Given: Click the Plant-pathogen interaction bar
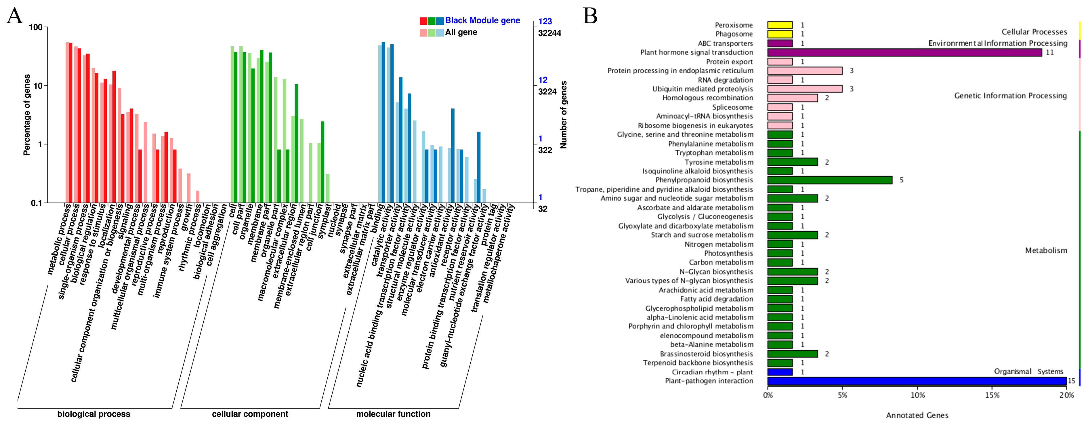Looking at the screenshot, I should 917,381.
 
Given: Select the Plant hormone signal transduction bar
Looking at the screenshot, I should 904,52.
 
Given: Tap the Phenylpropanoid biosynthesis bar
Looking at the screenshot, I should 830,180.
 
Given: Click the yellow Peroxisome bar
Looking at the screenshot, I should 780,25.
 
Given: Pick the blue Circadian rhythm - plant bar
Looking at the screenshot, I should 780,372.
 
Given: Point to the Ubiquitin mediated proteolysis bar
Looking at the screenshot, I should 804,89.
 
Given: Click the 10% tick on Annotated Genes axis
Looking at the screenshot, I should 917,395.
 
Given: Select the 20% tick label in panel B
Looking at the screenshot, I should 1067,395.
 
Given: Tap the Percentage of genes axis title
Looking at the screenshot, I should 27,115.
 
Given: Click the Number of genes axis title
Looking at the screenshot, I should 564,115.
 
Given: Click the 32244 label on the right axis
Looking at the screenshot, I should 549,33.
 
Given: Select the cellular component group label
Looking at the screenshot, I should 250,414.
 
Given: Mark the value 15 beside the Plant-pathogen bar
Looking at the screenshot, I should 1071,381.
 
